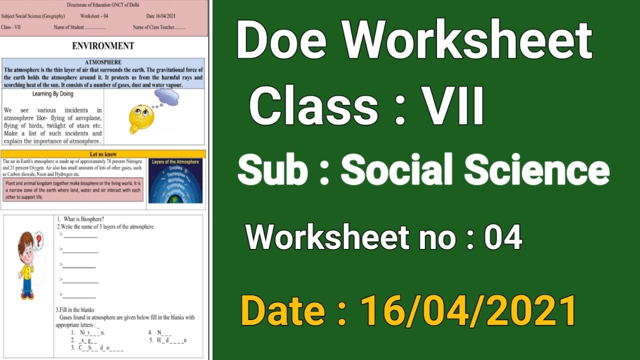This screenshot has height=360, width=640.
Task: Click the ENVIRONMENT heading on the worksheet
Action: coord(103,46)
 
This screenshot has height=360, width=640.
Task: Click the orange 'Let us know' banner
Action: coord(103,154)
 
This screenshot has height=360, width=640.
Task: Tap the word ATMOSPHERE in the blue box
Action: coord(103,62)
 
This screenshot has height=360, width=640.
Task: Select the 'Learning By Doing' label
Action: coord(52,93)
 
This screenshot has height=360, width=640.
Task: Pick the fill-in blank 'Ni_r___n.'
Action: coord(92,332)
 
